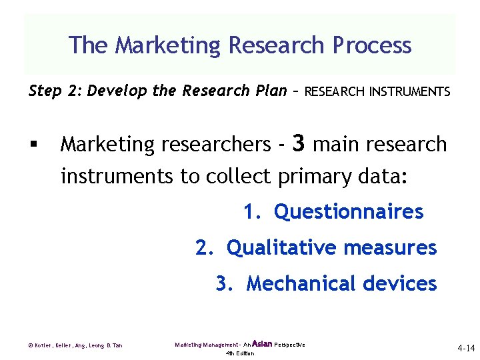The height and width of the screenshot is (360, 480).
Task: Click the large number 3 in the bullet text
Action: coord(299,143)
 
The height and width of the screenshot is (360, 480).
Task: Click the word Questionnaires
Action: coord(349,212)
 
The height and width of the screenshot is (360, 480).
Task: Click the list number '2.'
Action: coord(205,248)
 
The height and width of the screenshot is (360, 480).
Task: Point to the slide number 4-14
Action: coord(466,348)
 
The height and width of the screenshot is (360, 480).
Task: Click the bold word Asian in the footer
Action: coord(262,344)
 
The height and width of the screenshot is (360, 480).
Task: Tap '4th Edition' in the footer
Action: coord(240,353)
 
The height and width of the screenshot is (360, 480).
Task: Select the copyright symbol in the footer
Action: coord(31,345)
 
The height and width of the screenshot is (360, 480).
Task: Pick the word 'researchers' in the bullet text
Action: coord(213,145)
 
